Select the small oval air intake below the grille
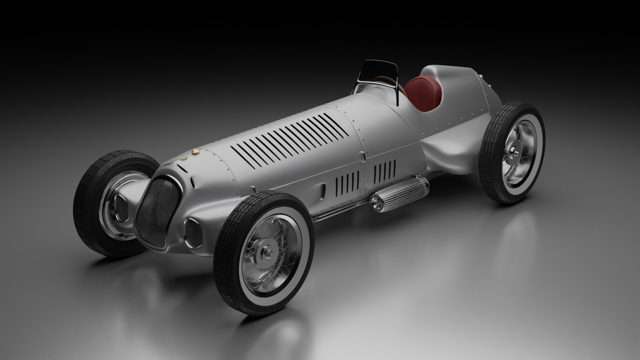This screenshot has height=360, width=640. (x=192, y=232)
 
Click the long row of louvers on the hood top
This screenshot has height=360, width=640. (x=290, y=140)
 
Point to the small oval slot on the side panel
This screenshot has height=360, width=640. (x=323, y=190)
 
